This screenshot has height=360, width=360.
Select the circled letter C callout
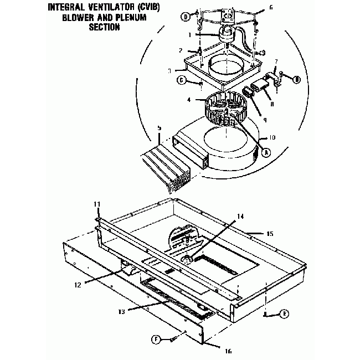click(x=181, y=81)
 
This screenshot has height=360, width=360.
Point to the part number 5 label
click(x=159, y=127)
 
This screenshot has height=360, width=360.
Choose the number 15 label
click(x=269, y=234)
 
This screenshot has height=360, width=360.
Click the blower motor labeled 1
click(x=225, y=35)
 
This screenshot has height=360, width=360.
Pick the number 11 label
click(x=96, y=205)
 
